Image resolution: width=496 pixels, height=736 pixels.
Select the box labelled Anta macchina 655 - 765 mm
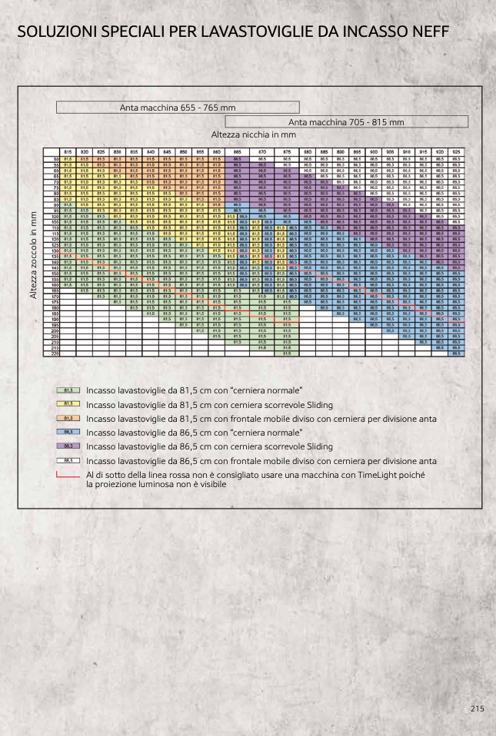[178, 108]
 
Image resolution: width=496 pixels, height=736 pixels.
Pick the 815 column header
[68, 152]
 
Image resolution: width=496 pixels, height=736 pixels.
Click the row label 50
[55, 158]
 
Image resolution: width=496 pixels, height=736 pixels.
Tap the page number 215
[478, 709]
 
